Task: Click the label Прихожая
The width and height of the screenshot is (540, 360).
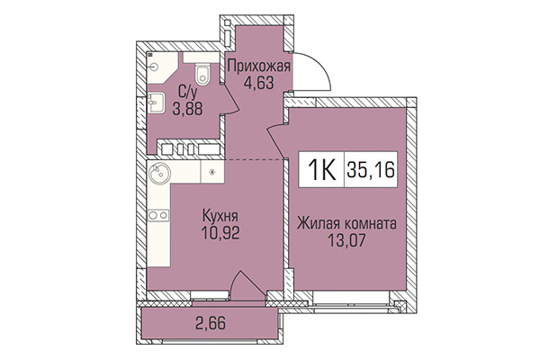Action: tap(257, 67)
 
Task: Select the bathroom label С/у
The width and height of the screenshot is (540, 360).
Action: tap(187, 91)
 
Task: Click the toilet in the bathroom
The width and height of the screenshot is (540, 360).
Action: tap(202, 72)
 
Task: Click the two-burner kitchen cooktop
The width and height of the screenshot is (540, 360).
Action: tap(158, 215)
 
